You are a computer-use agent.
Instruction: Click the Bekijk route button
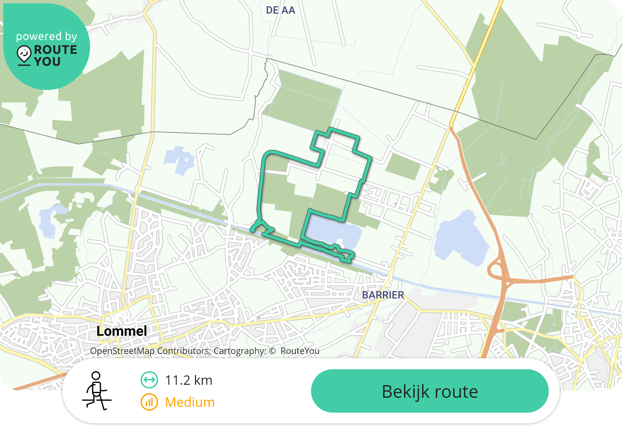pos(430,391)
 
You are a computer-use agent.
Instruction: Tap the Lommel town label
pos(122,331)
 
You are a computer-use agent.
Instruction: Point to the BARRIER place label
pos(383,295)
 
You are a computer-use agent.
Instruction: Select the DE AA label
pos(281,10)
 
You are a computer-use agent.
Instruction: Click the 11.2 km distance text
pos(189,380)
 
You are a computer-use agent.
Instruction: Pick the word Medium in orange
pos(190,402)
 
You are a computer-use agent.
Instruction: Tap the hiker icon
pos(97,391)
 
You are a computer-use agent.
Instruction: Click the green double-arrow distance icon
pos(149,380)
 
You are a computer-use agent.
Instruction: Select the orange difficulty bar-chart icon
pos(149,402)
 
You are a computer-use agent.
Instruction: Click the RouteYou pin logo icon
pos(24,55)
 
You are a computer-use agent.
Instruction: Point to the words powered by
pos(47,36)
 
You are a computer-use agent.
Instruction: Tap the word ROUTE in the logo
pos(55,50)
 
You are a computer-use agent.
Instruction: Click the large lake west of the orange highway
pos(460,238)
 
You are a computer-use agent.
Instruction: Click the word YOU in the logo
pos(47,62)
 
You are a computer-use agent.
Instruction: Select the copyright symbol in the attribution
pos(272,351)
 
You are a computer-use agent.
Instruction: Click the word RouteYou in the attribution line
pos(300,351)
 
